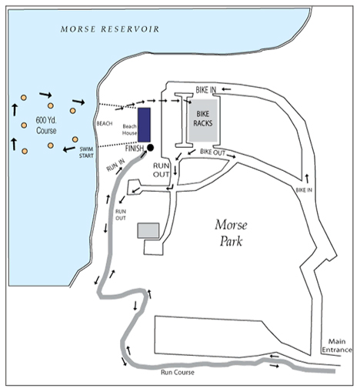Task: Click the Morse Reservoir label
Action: (x=110, y=29)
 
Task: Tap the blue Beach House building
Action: (x=144, y=125)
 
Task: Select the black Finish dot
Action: (x=150, y=148)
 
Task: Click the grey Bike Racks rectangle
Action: (x=203, y=120)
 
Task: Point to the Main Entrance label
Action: (x=337, y=346)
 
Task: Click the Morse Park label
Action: (x=232, y=233)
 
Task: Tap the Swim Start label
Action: (x=86, y=152)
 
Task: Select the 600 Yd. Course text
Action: (x=46, y=126)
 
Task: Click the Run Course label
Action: (x=178, y=372)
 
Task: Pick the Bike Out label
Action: (x=212, y=152)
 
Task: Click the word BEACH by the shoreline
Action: (x=105, y=124)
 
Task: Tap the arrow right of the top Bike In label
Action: (x=226, y=89)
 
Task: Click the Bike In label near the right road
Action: (x=304, y=190)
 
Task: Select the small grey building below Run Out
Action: (x=148, y=230)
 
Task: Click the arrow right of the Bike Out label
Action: (x=231, y=156)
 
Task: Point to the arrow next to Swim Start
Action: (x=69, y=149)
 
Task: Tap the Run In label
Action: (x=115, y=165)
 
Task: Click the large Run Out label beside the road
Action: (x=162, y=170)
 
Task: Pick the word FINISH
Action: (x=135, y=149)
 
